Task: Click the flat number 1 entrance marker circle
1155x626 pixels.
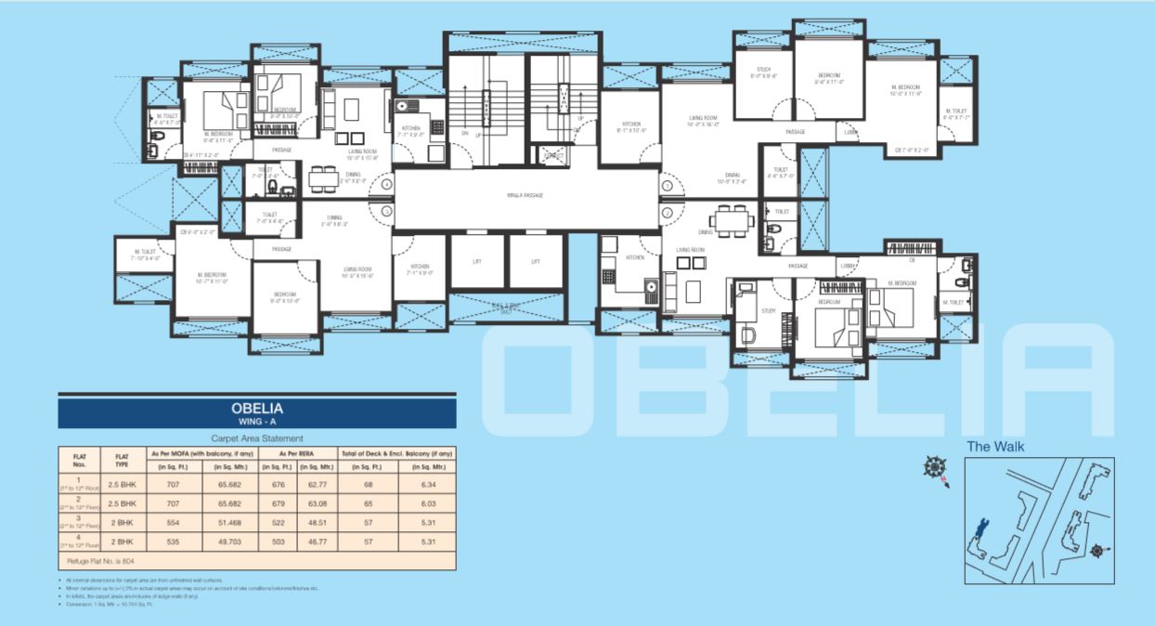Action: pos(667,186)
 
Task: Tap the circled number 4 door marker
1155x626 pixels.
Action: pos(385,186)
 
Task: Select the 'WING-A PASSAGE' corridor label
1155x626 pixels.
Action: pos(525,195)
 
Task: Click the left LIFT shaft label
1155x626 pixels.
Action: pos(476,262)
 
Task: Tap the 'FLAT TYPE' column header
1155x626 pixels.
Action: pos(121,460)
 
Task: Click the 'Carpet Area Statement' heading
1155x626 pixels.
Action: pos(257,438)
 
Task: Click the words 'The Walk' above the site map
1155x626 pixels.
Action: pos(995,447)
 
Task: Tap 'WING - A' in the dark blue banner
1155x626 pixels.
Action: pos(257,422)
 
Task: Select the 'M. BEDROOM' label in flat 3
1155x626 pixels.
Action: pos(213,276)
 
